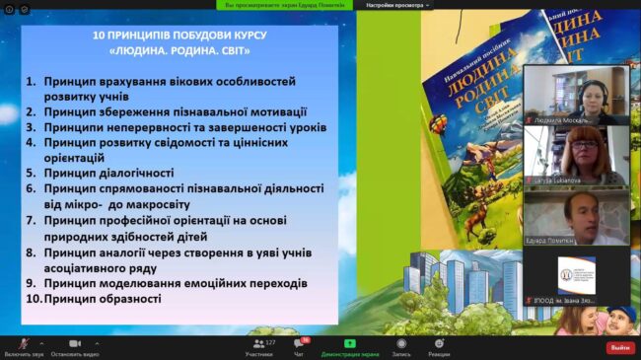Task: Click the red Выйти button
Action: point(619,347)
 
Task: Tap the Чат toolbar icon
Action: point(300,343)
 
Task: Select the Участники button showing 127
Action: point(258,343)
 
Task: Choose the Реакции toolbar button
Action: point(439,343)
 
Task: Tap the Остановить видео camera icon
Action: point(75,342)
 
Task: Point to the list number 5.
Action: point(31,172)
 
